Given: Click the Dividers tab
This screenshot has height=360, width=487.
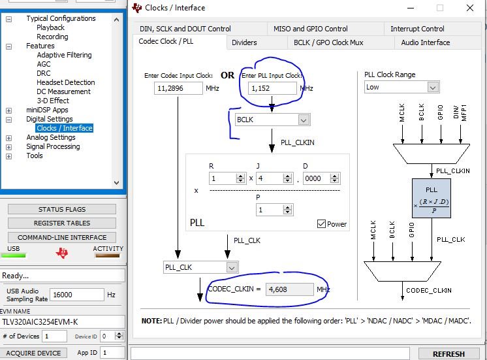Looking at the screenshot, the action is pyautogui.click(x=244, y=42).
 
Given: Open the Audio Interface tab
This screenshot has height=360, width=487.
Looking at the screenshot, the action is pyautogui.click(x=426, y=42).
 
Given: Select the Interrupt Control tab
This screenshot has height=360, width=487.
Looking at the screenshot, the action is pyautogui.click(x=417, y=29).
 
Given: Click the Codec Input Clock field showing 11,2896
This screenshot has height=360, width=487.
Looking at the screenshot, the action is pyautogui.click(x=178, y=88).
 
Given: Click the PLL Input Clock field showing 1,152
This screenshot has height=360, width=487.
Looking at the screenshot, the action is pyautogui.click(x=272, y=88).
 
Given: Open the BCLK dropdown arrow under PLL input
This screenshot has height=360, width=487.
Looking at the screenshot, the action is pyautogui.click(x=304, y=120).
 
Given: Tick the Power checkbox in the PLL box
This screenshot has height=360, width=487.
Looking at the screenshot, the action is pyautogui.click(x=321, y=224).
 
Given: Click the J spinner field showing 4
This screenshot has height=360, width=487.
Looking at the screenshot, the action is pyautogui.click(x=270, y=178).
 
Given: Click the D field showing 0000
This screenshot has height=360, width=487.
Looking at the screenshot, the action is pyautogui.click(x=317, y=178).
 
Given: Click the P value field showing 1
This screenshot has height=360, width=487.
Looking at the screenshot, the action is pyautogui.click(x=270, y=210).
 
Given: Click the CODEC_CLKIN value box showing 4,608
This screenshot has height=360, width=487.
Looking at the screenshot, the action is pyautogui.click(x=289, y=289).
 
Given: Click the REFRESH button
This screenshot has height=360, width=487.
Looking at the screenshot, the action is pyautogui.click(x=448, y=354).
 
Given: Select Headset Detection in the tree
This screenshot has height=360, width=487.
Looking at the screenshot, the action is pyautogui.click(x=66, y=82).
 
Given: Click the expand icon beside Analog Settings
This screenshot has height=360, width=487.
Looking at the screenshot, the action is pyautogui.click(x=9, y=138).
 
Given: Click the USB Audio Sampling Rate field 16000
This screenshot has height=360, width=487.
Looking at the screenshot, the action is pyautogui.click(x=77, y=295).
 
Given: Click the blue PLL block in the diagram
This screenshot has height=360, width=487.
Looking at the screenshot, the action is pyautogui.click(x=432, y=198).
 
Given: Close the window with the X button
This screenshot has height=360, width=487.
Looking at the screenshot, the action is pyautogui.click(x=470, y=8).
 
